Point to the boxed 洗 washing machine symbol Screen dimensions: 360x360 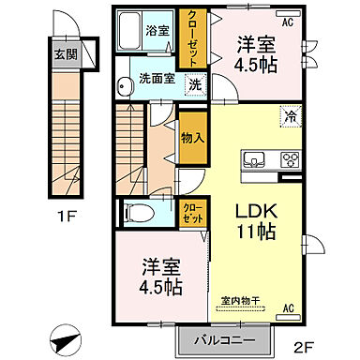[x=194, y=84]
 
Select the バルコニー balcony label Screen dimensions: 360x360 [x=226, y=338]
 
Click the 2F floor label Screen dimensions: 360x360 [x=306, y=344]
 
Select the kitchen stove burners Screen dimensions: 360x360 [x=289, y=157]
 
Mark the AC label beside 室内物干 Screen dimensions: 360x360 [x=289, y=307]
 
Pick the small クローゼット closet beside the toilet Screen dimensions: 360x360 [x=190, y=213]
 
